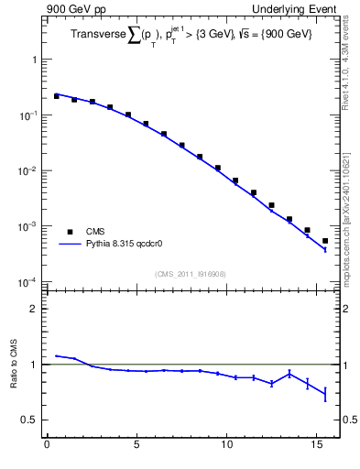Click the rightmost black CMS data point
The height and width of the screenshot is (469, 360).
click(325, 241)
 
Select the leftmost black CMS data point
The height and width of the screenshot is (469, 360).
click(56, 96)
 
